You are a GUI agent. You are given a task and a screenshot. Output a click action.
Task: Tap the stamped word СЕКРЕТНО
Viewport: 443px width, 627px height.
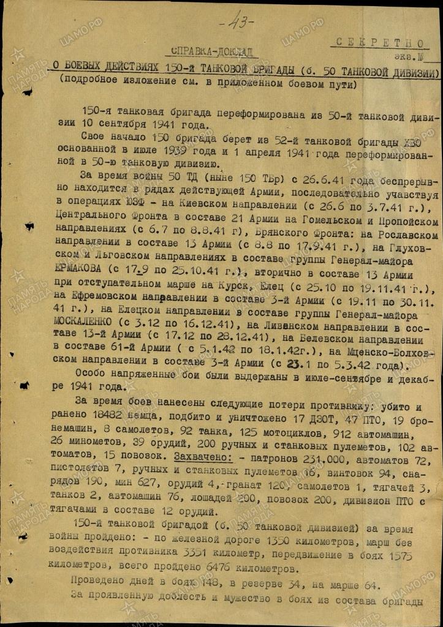tap(378, 43)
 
